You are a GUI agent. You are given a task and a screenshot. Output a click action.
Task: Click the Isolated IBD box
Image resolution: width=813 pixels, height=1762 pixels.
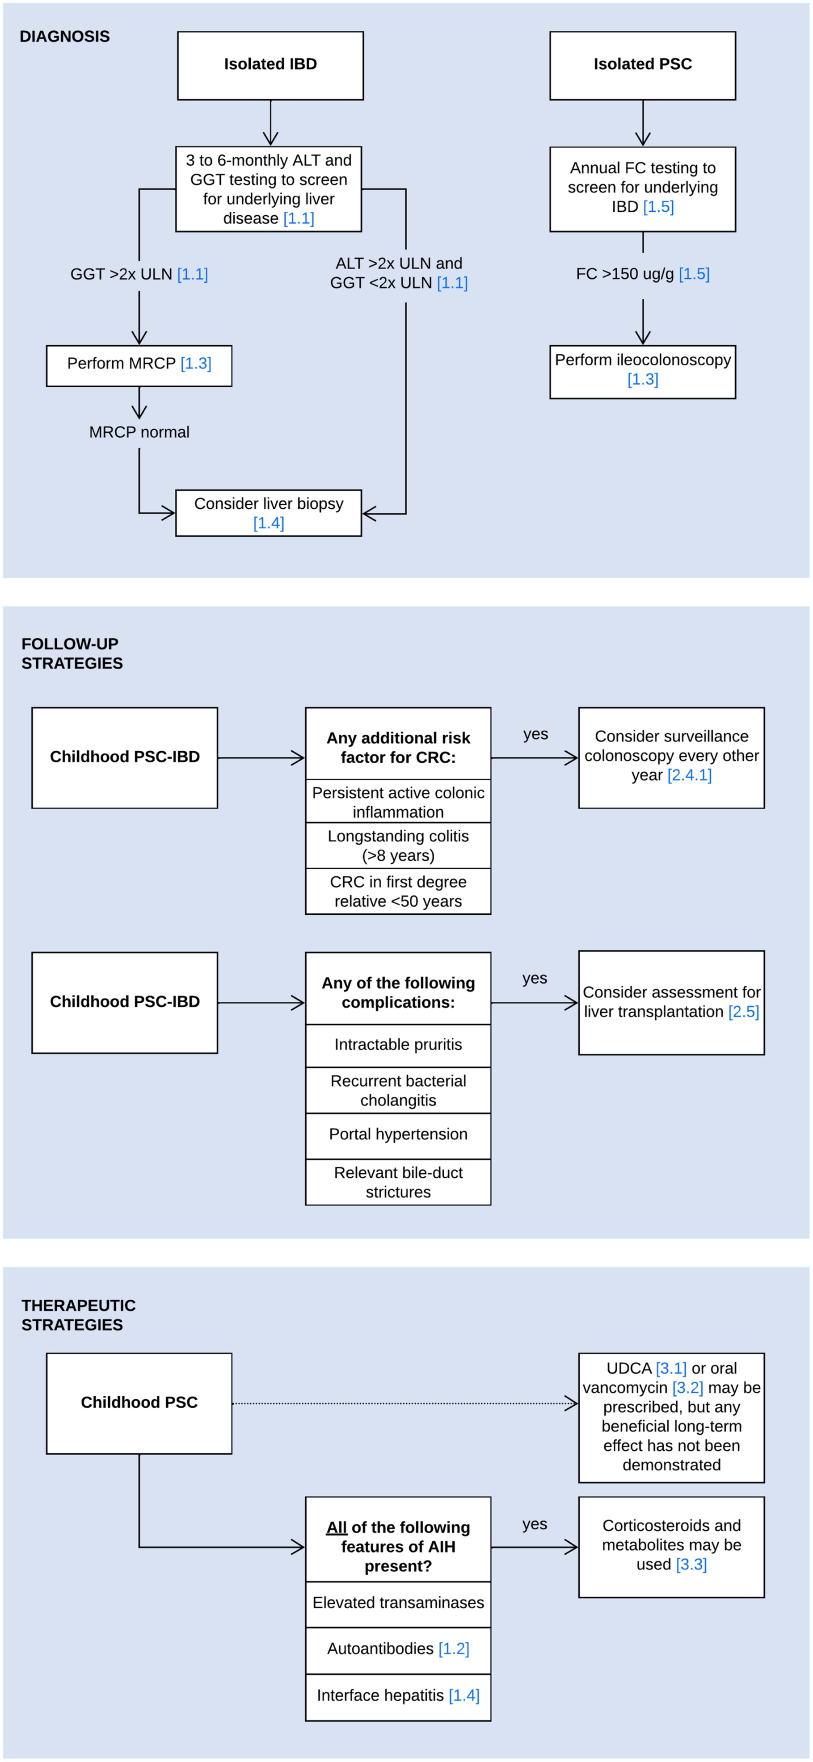click(270, 66)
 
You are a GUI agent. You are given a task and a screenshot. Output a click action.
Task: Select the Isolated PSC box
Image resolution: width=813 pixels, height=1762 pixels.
click(643, 66)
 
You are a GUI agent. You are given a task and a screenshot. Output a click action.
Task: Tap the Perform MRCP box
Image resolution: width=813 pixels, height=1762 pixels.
click(139, 366)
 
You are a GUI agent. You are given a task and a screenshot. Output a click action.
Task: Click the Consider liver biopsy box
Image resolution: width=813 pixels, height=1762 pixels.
click(268, 513)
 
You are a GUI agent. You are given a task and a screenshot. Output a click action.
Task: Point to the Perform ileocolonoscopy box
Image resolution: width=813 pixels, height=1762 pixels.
click(643, 372)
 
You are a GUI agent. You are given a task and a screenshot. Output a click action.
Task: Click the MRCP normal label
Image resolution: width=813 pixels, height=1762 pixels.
click(139, 432)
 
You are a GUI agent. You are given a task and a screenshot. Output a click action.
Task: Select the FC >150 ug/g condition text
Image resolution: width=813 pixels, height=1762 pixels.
click(643, 274)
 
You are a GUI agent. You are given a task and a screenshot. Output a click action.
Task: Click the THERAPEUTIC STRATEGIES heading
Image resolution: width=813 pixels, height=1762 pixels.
click(78, 1314)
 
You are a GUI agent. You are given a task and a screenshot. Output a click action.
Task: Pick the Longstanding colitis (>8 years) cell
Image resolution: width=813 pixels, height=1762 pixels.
click(398, 845)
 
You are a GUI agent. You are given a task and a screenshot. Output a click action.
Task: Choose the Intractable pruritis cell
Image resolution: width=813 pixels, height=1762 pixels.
click(398, 1045)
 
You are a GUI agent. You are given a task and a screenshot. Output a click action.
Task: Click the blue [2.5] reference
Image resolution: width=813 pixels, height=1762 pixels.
click(743, 1012)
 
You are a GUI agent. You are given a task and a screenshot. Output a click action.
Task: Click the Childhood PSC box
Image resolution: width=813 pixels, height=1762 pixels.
click(139, 1403)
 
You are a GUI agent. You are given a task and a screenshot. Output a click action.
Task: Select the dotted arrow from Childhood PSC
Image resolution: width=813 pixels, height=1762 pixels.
click(405, 1403)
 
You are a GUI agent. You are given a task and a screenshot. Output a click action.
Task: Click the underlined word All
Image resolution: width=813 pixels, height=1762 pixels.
click(336, 1528)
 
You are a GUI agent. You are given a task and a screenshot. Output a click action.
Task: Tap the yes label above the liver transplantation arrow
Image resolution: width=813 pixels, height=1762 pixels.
click(535, 979)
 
